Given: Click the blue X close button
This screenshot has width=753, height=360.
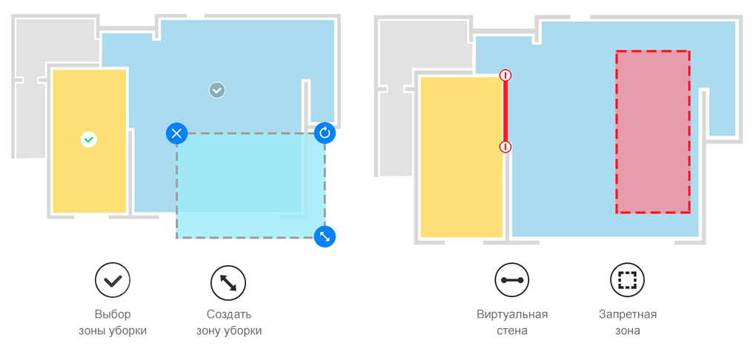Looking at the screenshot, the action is click(x=176, y=133).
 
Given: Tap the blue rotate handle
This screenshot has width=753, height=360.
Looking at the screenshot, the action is click(x=325, y=133).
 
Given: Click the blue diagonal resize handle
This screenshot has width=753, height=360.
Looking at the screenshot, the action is click(x=325, y=236).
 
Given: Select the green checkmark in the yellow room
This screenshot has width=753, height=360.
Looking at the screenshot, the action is click(x=88, y=140).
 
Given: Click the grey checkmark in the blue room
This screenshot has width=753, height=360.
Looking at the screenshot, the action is click(x=217, y=90).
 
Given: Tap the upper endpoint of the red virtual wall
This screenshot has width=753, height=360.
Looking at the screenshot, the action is click(x=505, y=76).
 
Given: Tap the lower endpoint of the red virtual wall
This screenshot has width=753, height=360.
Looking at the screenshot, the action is click(x=505, y=147).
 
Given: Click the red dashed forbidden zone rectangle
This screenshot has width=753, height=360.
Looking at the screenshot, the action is click(x=653, y=132).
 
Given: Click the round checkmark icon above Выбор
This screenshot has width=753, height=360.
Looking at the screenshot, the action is click(x=113, y=280).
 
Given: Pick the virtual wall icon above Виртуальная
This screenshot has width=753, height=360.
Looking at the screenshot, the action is click(x=512, y=280).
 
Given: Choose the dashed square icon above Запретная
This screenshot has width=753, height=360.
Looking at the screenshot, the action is click(x=627, y=280).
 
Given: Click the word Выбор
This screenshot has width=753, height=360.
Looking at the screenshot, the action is click(x=113, y=315).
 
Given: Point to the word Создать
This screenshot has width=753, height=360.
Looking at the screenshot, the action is click(x=229, y=315).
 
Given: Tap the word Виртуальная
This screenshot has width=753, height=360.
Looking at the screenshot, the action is click(x=512, y=315).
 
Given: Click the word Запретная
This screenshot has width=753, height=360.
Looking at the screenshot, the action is click(x=628, y=315).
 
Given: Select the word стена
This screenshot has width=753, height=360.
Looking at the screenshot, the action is click(x=512, y=331).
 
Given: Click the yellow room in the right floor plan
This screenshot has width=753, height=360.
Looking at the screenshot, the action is click(x=462, y=157).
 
